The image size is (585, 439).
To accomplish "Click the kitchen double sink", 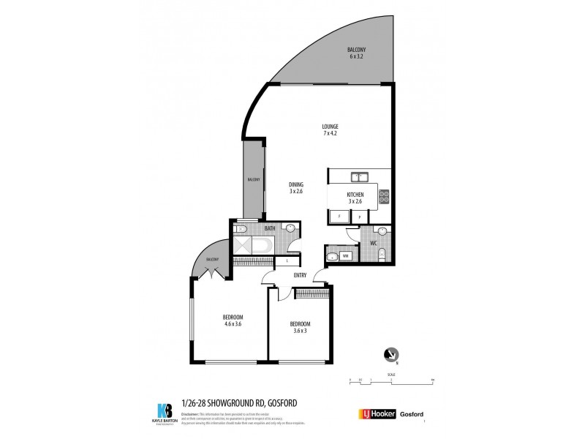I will pos(358,176).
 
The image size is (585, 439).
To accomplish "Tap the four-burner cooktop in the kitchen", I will pos(385,195).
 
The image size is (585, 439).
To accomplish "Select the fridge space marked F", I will pos(339,217).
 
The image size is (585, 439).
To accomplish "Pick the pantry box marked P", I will pos(360,217).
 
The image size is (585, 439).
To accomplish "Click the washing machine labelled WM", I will pos(345,256).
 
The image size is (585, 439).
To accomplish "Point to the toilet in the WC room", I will pos(382,255).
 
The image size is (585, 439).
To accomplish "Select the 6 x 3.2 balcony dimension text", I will pos(356,56).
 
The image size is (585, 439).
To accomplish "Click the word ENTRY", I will pos(300,275).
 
